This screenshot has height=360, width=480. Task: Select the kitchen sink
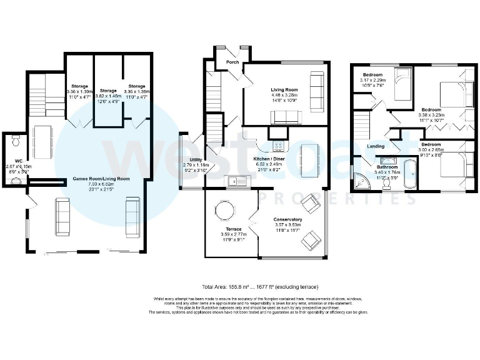(238, 181)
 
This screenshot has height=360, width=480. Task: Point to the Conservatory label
(287, 220)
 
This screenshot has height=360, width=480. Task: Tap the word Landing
(376, 147)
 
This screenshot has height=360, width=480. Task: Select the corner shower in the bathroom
(361, 180)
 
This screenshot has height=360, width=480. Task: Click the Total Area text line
(239, 287)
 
